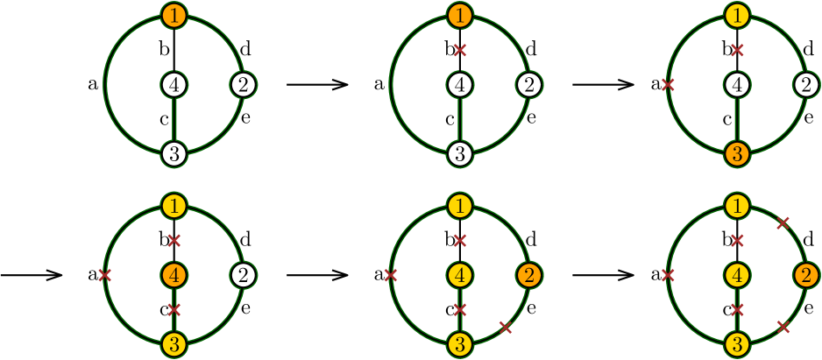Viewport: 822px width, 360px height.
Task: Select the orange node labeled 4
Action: point(174,275)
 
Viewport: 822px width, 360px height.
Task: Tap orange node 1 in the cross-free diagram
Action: point(174,15)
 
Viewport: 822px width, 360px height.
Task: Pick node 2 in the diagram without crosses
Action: point(244,85)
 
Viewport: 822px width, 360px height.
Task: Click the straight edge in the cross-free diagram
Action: point(174,120)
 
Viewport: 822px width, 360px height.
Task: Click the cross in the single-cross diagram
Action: point(459,50)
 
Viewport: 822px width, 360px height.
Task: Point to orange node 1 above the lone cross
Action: point(459,15)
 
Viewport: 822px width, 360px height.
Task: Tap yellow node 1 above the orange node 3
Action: point(737,15)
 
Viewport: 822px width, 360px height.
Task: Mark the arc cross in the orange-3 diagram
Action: point(668,85)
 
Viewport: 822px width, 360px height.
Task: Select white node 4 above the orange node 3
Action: point(737,85)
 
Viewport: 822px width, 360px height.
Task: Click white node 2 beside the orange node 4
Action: point(244,275)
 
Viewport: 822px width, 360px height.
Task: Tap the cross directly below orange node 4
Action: point(174,309)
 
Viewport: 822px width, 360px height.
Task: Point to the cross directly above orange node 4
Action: point(174,240)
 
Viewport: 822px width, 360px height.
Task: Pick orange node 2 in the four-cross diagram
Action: point(528,275)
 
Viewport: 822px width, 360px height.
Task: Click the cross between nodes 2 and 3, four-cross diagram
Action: point(505,327)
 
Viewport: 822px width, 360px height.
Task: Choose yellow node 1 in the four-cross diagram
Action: point(459,206)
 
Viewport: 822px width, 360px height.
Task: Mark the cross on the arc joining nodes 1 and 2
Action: point(783,223)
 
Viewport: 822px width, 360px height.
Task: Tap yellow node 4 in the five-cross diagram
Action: point(737,275)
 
